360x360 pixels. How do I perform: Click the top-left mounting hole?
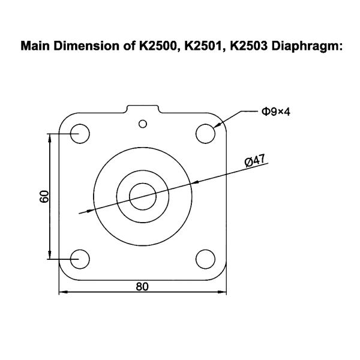tap(80, 133)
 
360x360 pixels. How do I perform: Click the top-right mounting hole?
tap(205, 133)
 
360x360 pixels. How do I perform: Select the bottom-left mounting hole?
tap(80, 259)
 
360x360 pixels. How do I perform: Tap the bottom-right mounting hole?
tap(205, 259)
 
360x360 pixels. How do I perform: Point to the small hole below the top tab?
tap(142, 124)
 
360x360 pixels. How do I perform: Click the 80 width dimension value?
tap(142, 286)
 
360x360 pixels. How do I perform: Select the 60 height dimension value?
tap(44, 196)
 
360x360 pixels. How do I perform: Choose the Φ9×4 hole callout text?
tap(275, 112)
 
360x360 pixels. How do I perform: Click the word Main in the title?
tap(35, 45)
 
